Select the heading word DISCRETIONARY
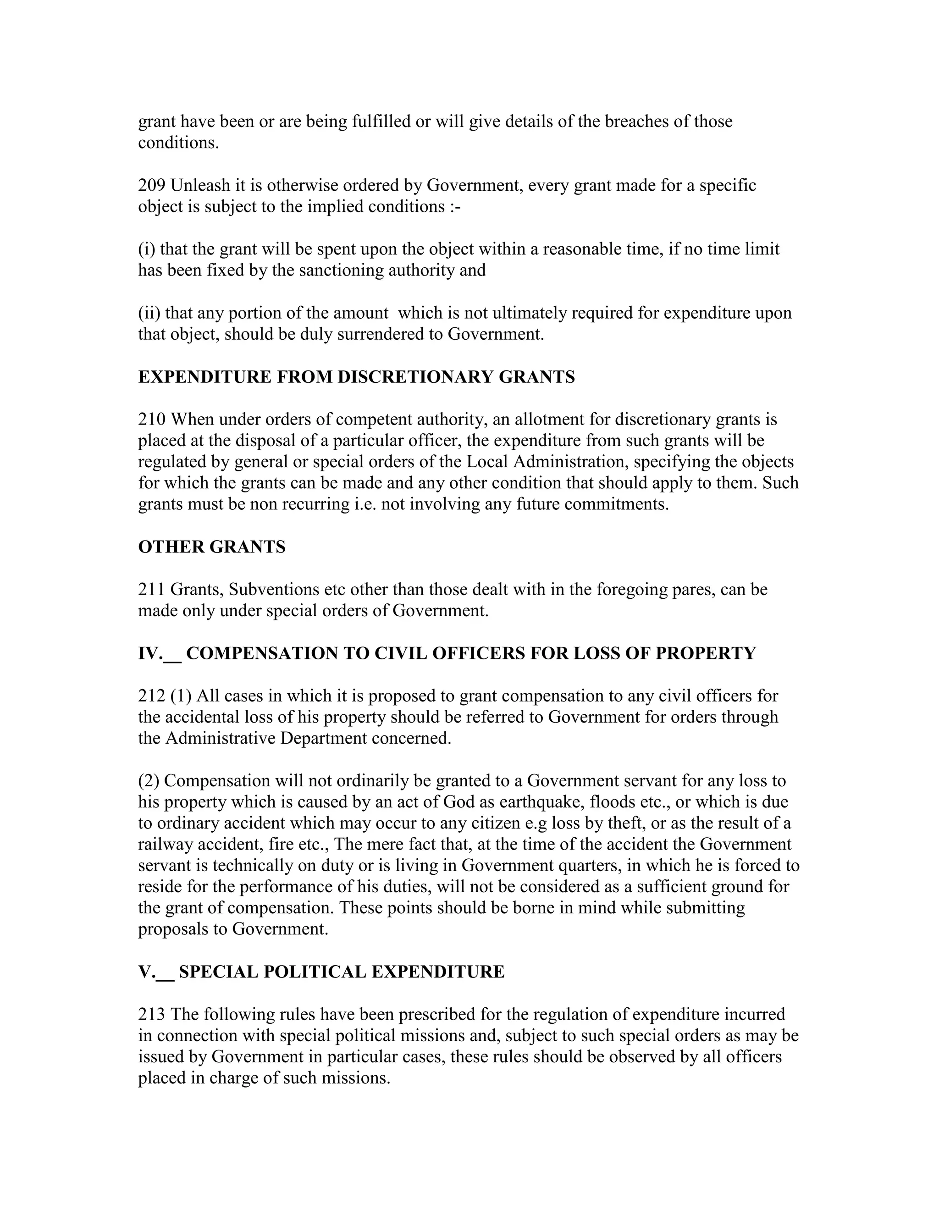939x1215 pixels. click(x=415, y=377)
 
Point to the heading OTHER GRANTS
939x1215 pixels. click(x=211, y=547)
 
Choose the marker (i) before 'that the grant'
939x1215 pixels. click(x=146, y=249)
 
